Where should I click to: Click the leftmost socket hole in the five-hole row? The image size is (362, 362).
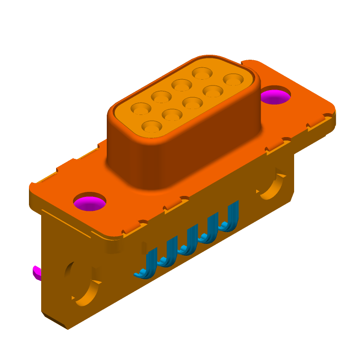click(x=141, y=108)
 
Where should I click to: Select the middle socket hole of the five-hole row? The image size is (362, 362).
click(x=181, y=85)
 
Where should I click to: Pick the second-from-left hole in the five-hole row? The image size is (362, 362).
click(x=161, y=96)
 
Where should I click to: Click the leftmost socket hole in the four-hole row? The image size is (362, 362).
click(x=151, y=126)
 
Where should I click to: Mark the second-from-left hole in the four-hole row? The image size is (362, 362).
click(x=172, y=114)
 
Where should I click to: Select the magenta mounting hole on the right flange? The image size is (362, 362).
click(x=275, y=96)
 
